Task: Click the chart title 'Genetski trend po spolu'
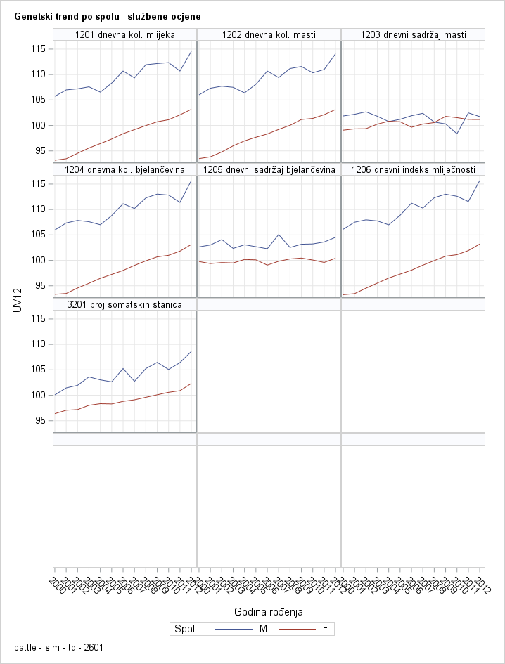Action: click(107, 15)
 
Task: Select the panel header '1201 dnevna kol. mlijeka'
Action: click(124, 34)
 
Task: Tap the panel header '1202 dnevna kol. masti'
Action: click(269, 34)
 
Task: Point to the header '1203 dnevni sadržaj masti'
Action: click(413, 34)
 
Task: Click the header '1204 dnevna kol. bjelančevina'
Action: click(124, 169)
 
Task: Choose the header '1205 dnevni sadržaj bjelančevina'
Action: click(269, 169)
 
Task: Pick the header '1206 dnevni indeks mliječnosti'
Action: click(413, 169)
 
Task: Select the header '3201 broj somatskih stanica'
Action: click(124, 304)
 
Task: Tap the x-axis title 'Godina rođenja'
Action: click(269, 611)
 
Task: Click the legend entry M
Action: click(263, 629)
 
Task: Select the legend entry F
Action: click(324, 629)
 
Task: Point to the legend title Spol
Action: click(184, 629)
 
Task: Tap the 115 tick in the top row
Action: click(39, 49)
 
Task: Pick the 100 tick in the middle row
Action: click(39, 261)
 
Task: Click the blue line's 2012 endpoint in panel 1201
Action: click(191, 51)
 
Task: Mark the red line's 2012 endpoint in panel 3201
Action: click(191, 383)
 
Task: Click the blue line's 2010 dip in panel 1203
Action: click(457, 134)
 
